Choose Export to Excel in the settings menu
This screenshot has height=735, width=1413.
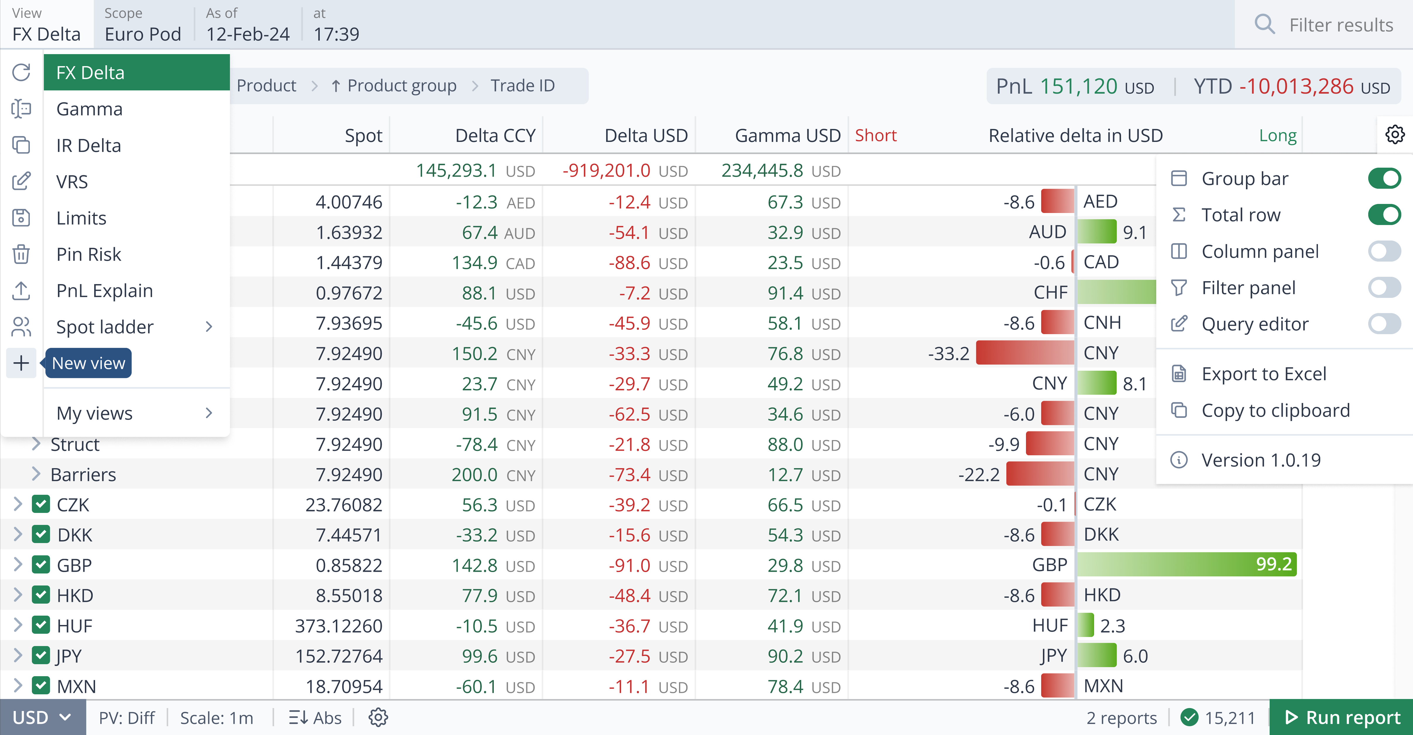click(1263, 374)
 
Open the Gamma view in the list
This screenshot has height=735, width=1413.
click(90, 109)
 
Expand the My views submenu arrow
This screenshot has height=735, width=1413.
click(208, 413)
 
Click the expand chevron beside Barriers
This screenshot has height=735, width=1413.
click(36, 474)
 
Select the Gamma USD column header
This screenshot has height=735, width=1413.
click(787, 135)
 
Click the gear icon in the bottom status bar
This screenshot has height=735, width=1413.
click(378, 717)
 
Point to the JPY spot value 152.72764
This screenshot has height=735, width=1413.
click(338, 656)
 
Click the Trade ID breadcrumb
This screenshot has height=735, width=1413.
click(522, 85)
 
